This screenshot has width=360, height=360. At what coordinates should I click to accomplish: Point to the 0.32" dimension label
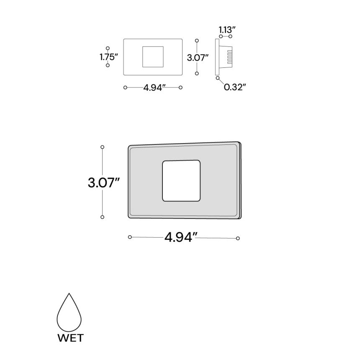(x=234, y=87)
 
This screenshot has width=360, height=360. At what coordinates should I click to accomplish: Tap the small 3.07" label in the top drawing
(x=198, y=57)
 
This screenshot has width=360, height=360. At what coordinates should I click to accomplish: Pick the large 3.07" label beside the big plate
(x=103, y=183)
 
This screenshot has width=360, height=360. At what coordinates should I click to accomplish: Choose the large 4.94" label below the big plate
(x=181, y=237)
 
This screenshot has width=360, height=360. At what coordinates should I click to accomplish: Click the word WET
(x=70, y=337)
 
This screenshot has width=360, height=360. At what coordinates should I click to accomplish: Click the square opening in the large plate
(x=181, y=180)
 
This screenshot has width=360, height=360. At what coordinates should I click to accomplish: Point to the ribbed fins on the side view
(x=229, y=57)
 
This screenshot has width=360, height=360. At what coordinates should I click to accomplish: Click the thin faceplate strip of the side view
(x=217, y=57)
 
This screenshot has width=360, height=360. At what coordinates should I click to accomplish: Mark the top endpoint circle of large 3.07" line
(x=102, y=147)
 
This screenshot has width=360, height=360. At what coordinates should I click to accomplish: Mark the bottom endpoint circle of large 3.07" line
(x=102, y=217)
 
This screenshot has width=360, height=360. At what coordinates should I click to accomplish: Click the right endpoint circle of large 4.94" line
(x=238, y=238)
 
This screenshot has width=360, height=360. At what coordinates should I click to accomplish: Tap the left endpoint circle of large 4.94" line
(x=130, y=237)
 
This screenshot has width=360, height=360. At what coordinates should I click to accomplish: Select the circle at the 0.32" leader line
(x=217, y=78)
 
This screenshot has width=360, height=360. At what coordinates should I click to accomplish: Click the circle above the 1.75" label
(x=108, y=49)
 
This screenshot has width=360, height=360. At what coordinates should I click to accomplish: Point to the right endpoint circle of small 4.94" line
(x=180, y=87)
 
